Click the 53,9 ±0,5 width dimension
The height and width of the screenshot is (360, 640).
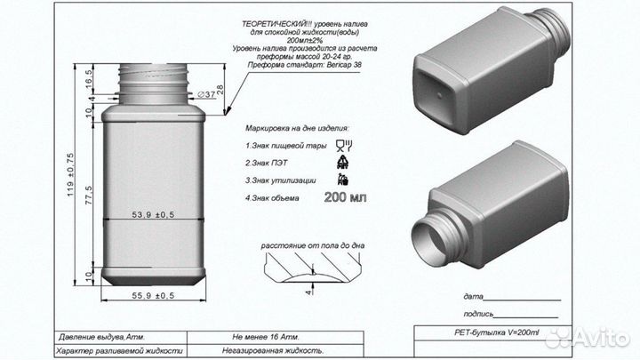pos(152,214)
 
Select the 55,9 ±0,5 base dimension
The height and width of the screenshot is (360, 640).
pos(152,295)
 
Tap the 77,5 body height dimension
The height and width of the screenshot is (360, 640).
pos(90,192)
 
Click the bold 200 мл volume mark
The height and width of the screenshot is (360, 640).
pos(346,197)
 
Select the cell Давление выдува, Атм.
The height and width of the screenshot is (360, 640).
pos(100,338)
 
